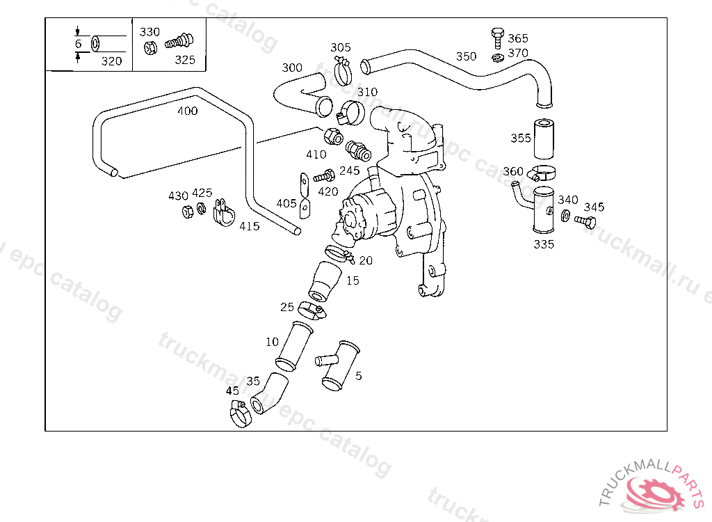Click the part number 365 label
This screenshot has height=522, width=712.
click(518, 38)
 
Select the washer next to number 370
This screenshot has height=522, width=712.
click(498, 56)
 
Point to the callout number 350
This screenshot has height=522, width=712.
click(466, 56)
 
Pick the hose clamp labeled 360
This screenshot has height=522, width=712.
click(541, 174)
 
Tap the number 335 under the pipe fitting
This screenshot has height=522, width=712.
click(544, 244)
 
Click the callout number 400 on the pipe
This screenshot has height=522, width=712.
click(187, 111)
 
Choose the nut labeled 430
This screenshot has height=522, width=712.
click(187, 211)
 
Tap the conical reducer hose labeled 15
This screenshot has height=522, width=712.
click(325, 283)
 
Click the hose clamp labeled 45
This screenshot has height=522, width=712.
click(239, 415)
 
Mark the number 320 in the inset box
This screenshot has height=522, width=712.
click(111, 61)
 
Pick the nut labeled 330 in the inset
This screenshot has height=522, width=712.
click(149, 48)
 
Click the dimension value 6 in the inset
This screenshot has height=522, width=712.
click(78, 44)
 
